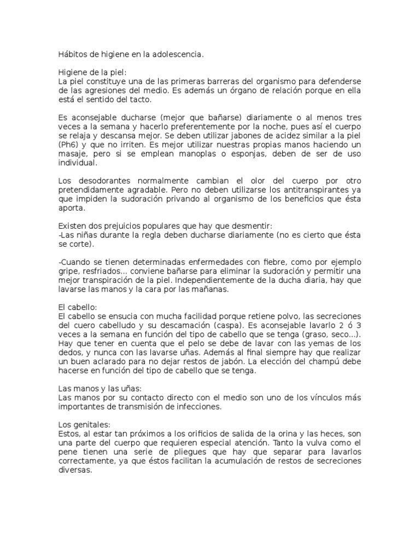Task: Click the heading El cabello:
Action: [x=77, y=307]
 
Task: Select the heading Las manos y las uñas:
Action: [x=100, y=389]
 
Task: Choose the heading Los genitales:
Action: [x=84, y=425]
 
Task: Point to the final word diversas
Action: [x=75, y=470]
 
